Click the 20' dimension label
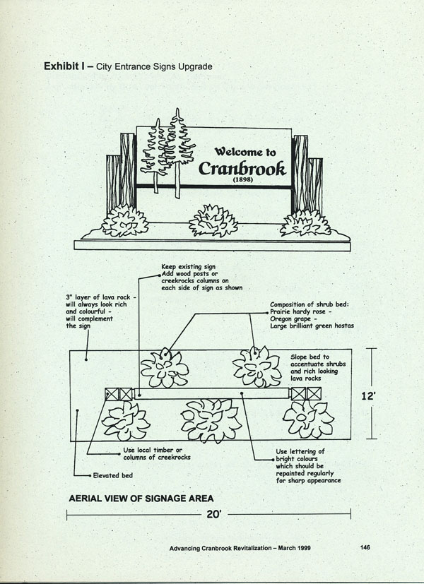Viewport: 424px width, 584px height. click(x=215, y=515)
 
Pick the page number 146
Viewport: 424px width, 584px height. click(x=365, y=547)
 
